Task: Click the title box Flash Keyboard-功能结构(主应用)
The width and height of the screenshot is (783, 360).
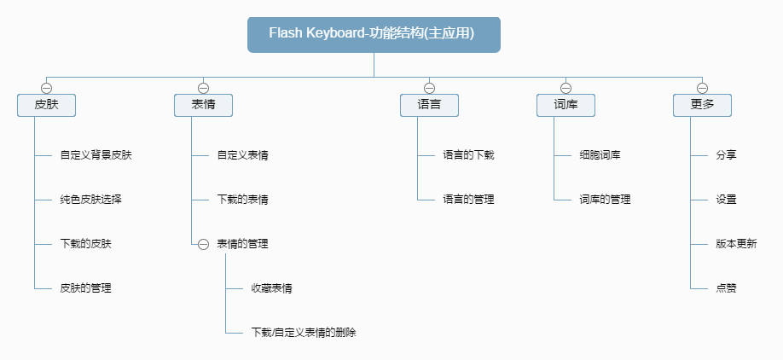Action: pyautogui.click(x=374, y=34)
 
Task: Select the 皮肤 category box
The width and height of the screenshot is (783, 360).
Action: pyautogui.click(x=46, y=105)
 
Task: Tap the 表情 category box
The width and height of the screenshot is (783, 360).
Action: pyautogui.click(x=203, y=105)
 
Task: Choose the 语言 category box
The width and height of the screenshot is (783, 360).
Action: pyautogui.click(x=429, y=105)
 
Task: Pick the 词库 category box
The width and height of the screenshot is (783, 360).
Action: pyautogui.click(x=565, y=105)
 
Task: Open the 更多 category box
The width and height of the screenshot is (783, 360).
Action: pyautogui.click(x=702, y=105)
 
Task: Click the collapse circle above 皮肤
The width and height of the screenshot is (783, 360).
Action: pyautogui.click(x=46, y=87)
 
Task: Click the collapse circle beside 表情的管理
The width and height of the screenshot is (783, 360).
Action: pyautogui.click(x=203, y=244)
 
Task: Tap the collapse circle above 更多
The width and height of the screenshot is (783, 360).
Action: pyautogui.click(x=702, y=87)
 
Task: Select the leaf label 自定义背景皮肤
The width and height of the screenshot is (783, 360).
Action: pyautogui.click(x=96, y=155)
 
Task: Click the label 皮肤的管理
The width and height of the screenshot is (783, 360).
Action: pyautogui.click(x=85, y=288)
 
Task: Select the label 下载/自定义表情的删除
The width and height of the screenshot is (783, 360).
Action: pyautogui.click(x=303, y=333)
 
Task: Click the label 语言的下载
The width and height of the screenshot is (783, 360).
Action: pyautogui.click(x=468, y=155)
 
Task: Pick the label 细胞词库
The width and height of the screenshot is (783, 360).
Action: pyautogui.click(x=600, y=155)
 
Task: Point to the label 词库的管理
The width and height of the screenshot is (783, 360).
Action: pyautogui.click(x=605, y=200)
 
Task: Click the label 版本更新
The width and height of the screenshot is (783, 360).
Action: pyautogui.click(x=736, y=244)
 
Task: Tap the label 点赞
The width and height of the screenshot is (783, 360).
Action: pyautogui.click(x=726, y=288)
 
